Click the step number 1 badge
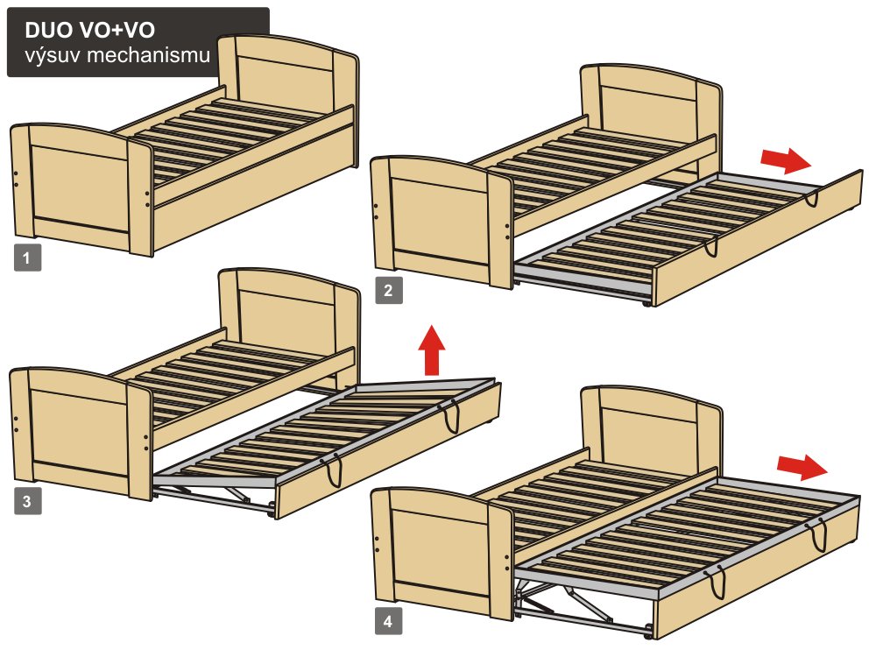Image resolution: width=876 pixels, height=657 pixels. tap(27, 258)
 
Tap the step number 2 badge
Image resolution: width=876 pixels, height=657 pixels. tap(389, 291)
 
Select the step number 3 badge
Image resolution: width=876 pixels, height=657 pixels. tap(27, 500)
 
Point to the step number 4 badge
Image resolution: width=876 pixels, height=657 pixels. tap(388, 621)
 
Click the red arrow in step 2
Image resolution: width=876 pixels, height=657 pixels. tap(786, 161)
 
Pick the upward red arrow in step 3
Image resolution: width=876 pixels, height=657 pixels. tap(432, 350)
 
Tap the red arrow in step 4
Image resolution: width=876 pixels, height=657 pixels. tap(802, 467)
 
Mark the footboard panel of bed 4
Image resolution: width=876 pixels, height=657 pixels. tap(442, 553)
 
